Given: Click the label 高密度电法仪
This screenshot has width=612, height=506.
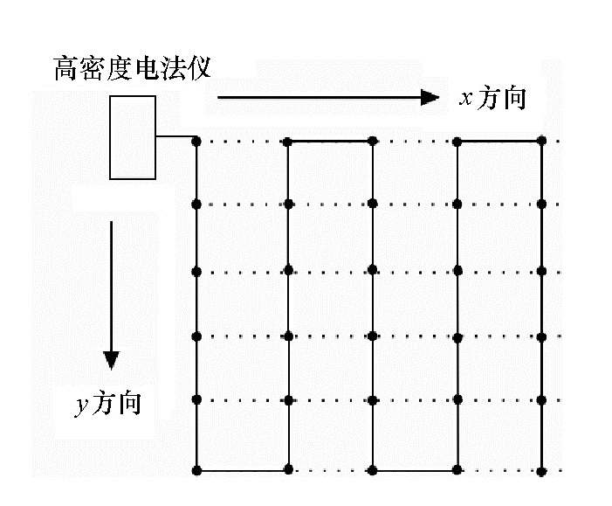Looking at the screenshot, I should click(132, 68).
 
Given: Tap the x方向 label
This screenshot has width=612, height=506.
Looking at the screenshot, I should click(493, 98).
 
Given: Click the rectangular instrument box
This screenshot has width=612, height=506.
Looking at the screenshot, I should click(133, 137).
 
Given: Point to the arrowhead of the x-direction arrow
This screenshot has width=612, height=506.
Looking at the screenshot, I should click(430, 97).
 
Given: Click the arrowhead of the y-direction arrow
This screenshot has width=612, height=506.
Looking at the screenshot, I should click(111, 359).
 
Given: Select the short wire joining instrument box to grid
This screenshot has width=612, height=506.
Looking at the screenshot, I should click(175, 136).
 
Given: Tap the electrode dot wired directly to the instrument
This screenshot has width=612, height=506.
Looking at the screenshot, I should click(196, 140).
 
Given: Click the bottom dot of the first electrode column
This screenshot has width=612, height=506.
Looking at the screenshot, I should click(196, 471).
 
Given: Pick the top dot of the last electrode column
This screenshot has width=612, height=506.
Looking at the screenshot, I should click(541, 140).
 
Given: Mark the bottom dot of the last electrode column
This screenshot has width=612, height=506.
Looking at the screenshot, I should click(541, 471).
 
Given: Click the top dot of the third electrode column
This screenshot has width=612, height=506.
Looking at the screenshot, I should click(373, 140).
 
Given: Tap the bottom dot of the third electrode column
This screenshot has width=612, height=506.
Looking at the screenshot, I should click(373, 471).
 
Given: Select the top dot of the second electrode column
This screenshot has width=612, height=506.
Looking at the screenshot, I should click(289, 140).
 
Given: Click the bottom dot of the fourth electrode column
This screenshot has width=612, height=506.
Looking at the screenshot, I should click(457, 471).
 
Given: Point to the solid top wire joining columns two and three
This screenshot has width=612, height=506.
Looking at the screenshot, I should click(331, 140).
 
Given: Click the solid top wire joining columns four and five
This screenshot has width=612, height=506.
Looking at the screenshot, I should click(499, 140).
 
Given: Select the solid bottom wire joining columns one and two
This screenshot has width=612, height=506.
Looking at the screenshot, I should click(243, 471).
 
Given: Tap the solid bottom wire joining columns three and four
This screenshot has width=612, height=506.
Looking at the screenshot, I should click(415, 471).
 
